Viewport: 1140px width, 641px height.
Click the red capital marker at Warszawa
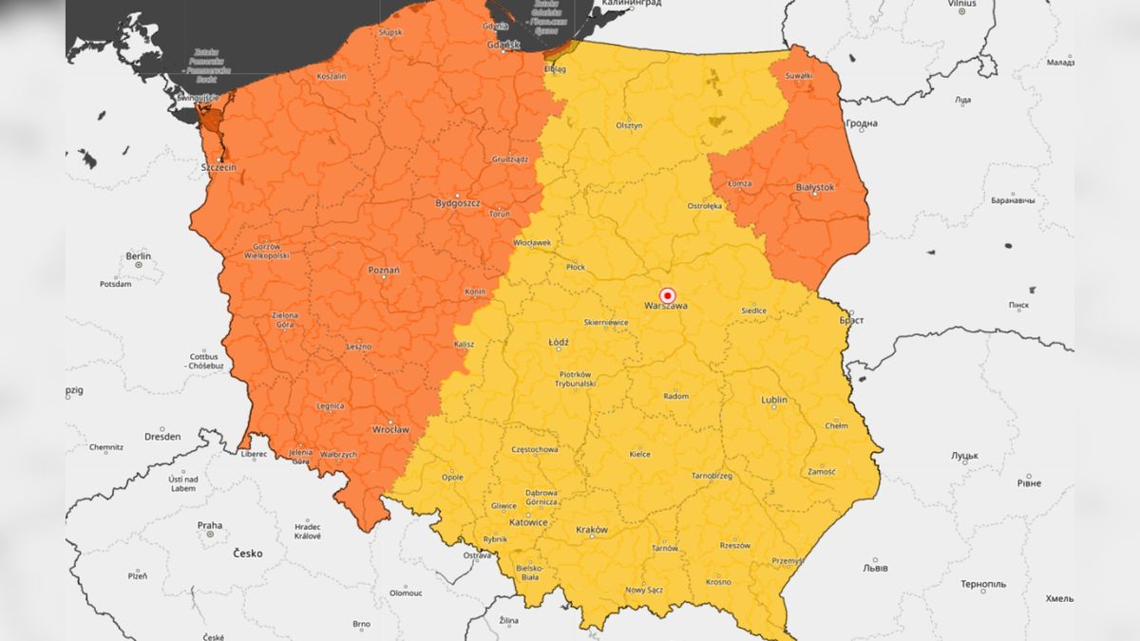[667, 295]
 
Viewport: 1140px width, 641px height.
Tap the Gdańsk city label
[503, 44]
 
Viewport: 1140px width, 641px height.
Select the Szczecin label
[218, 168]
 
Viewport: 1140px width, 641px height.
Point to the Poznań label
[384, 271]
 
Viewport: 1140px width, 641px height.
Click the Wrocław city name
[391, 429]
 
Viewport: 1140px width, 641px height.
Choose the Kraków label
[591, 530]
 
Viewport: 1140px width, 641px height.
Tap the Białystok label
[814, 188]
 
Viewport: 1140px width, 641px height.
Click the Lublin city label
[774, 400]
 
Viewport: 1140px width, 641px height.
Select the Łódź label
[559, 342]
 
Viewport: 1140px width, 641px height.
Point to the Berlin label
[139, 256]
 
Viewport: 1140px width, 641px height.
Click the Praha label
[209, 525]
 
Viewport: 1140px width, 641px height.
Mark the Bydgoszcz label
[458, 203]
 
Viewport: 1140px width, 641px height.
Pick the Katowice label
[527, 522]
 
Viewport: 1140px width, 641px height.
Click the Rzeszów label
[734, 546]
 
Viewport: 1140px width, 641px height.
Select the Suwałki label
[799, 75]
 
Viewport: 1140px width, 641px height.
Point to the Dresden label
[162, 438]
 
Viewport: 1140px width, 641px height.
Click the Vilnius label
[961, 4]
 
